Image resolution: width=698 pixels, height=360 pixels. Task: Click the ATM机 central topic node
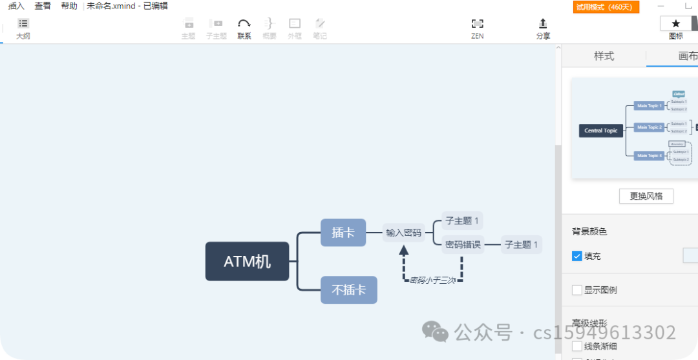click(247, 262)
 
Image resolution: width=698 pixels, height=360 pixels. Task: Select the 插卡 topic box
click(343, 233)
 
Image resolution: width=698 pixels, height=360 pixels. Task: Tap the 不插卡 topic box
click(349, 290)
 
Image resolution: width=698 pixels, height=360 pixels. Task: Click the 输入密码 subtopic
click(404, 233)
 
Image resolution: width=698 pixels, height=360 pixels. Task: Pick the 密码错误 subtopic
click(463, 244)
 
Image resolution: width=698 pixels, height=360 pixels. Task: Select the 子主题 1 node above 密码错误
click(462, 221)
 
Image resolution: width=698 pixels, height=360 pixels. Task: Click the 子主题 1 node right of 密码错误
click(522, 245)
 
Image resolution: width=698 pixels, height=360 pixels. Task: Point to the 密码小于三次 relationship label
click(432, 281)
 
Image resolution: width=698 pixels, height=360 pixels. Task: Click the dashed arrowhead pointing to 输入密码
click(404, 249)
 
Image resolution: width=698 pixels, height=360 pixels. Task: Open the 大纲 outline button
click(23, 28)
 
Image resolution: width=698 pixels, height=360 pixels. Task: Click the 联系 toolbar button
click(244, 28)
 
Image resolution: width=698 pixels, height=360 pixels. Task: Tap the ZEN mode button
click(478, 28)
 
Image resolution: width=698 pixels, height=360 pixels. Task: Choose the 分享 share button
click(543, 28)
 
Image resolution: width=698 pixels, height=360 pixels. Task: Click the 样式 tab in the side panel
click(604, 56)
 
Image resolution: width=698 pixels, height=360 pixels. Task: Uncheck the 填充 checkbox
click(577, 257)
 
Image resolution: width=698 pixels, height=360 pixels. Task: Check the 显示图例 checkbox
click(577, 290)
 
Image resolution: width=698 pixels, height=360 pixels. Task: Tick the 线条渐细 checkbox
click(577, 346)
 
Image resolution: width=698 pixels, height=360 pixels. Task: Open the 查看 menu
click(43, 6)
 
